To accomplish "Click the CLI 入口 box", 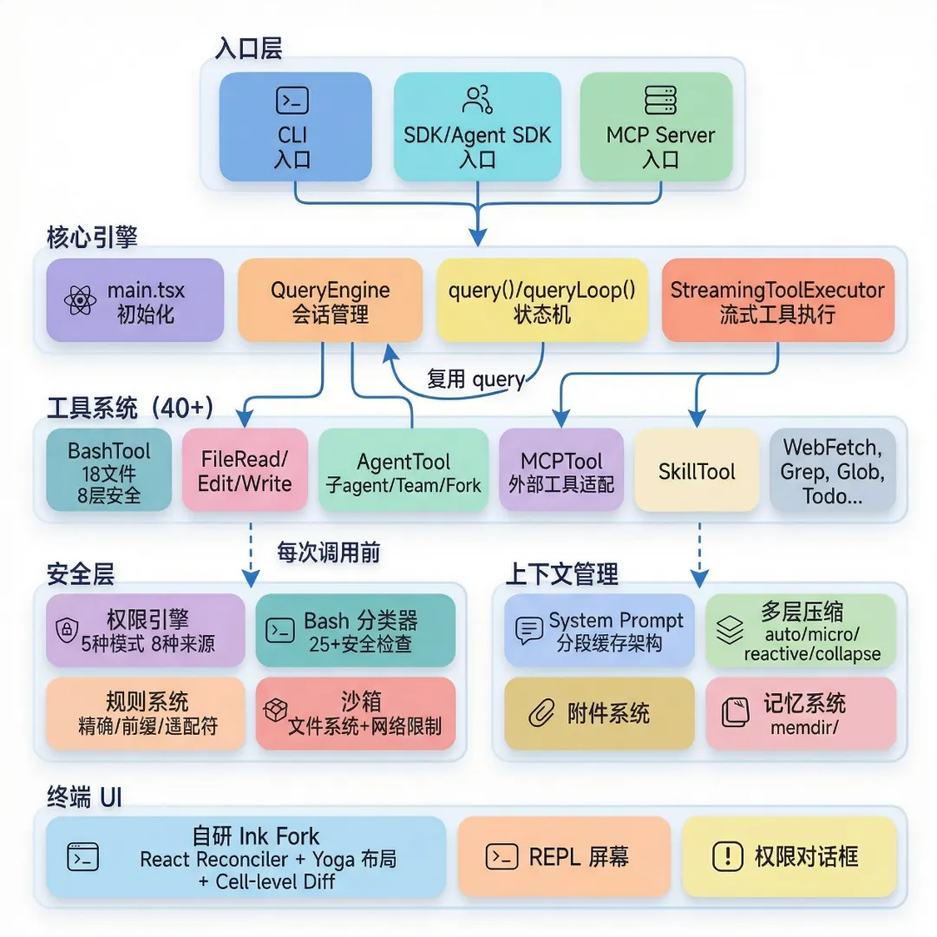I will (x=295, y=127).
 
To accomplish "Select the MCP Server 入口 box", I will (x=656, y=127).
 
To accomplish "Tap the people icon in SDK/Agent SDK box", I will (x=477, y=100).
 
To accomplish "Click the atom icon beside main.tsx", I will (x=80, y=301).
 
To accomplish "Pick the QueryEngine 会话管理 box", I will (x=330, y=299).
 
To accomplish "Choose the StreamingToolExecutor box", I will (x=777, y=299).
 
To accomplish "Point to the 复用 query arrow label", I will (x=475, y=378).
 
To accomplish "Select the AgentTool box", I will (x=403, y=472).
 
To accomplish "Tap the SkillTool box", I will (x=697, y=471).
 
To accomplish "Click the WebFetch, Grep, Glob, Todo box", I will (x=832, y=471).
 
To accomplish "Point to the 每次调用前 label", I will (x=328, y=553).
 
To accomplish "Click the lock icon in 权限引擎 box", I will (x=65, y=630).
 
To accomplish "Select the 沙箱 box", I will (x=356, y=713).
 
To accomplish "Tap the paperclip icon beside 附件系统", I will (x=541, y=714).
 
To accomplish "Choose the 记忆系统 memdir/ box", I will (x=800, y=713).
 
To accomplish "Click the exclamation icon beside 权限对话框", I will (x=726, y=857).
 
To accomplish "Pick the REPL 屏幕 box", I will (x=557, y=857).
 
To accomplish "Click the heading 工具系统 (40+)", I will (x=130, y=408).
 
